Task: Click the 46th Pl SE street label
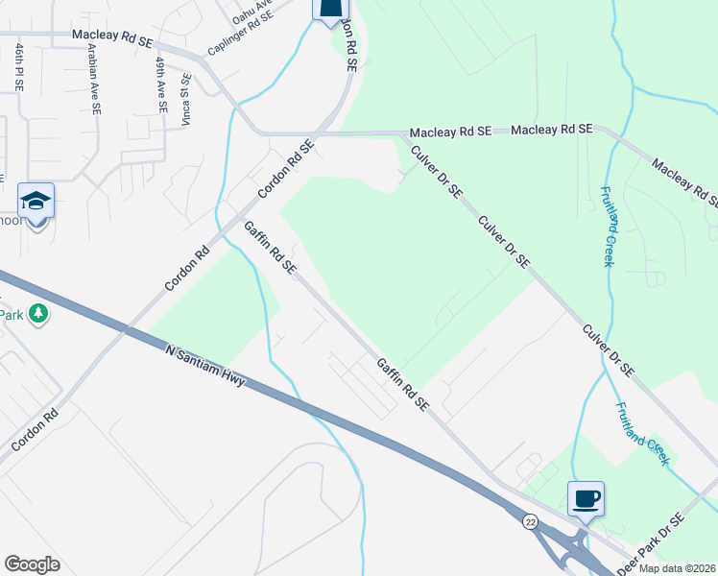point(19,66)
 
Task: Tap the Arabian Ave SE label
point(95,79)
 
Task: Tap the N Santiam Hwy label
point(206,367)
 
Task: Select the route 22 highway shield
point(530,521)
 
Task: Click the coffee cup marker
point(586,498)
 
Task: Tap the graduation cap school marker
point(36,201)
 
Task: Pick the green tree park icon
point(37,314)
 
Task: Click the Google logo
point(32,564)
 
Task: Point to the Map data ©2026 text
point(677,568)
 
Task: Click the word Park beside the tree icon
point(11,314)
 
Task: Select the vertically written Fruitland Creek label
point(608,227)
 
